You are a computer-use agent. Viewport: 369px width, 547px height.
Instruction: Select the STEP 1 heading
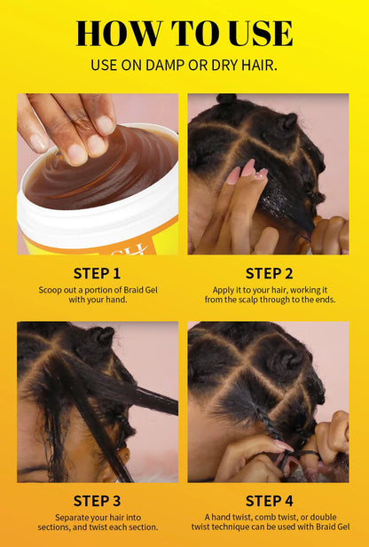tap(98, 273)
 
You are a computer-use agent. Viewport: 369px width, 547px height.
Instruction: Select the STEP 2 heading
tap(269, 273)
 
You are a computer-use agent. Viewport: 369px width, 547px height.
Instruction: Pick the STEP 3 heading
tap(98, 501)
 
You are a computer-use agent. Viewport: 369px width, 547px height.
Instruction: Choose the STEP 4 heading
tap(269, 501)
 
